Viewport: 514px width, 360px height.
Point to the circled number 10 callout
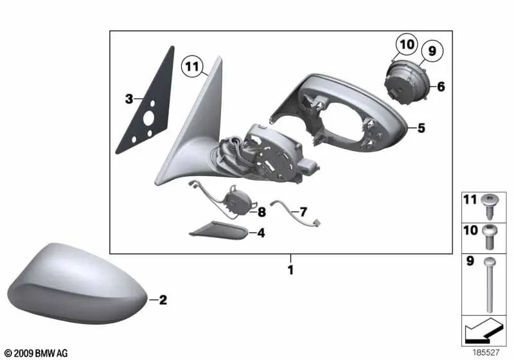(406, 45)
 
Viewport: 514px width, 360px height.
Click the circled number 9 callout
(431, 50)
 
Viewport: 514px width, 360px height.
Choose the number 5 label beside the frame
(421, 128)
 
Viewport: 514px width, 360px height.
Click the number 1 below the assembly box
(290, 270)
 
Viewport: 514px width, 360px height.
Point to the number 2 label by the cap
(163, 300)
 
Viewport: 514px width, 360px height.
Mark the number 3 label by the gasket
(129, 99)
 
